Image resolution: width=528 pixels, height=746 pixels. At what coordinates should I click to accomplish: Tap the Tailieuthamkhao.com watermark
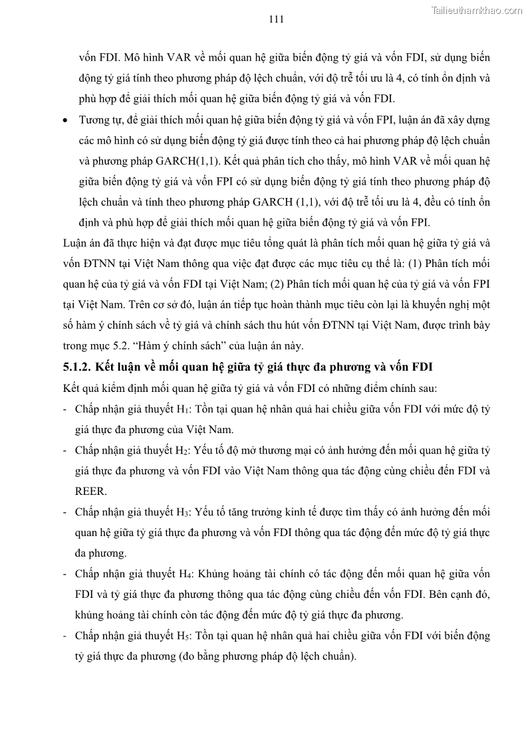click(x=477, y=10)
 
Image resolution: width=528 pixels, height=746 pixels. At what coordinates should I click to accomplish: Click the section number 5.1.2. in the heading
click(x=76, y=367)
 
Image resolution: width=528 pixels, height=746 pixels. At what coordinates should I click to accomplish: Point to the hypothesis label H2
click(x=182, y=450)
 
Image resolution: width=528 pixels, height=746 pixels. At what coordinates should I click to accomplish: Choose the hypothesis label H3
click(x=182, y=512)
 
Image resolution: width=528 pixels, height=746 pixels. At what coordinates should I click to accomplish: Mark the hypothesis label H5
click(x=182, y=636)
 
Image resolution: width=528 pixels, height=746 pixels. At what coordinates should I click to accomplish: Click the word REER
click(x=90, y=492)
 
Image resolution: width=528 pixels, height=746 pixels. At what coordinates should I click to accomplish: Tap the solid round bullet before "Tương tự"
click(x=65, y=120)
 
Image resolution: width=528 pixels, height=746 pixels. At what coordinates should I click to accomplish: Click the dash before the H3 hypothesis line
click(x=65, y=512)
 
